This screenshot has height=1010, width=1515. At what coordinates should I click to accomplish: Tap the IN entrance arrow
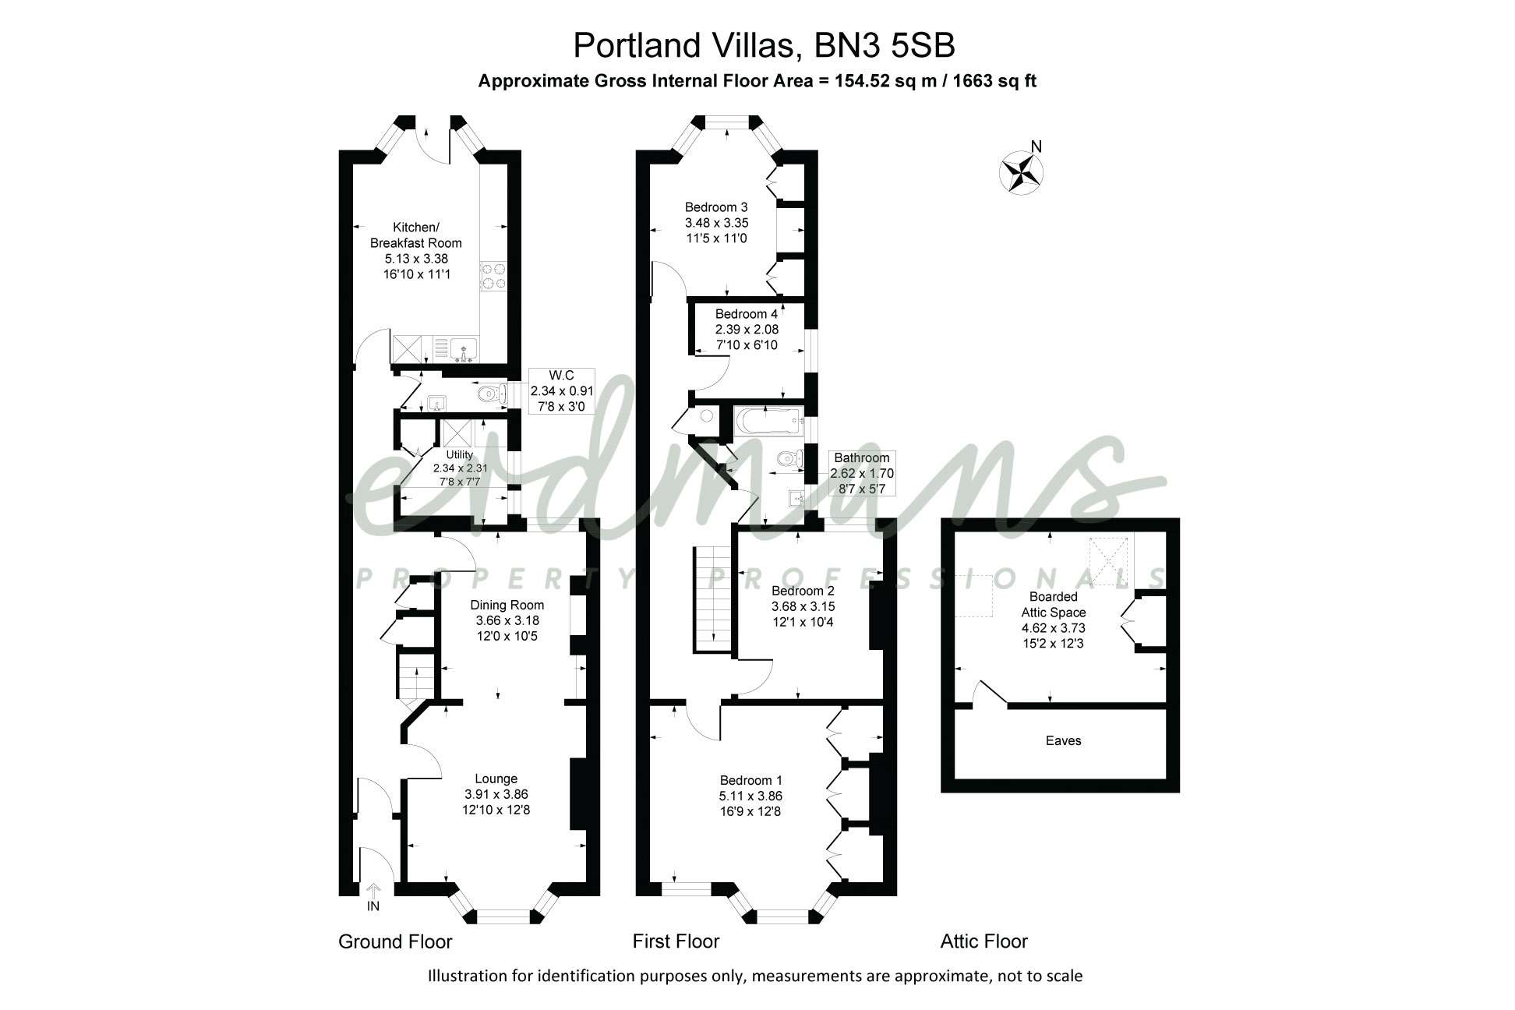coord(373,890)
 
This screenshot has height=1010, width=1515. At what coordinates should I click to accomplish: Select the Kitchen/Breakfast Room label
coord(415,235)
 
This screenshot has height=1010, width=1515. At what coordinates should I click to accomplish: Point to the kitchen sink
coord(464,350)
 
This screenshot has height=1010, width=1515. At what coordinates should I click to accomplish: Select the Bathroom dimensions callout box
coord(861,473)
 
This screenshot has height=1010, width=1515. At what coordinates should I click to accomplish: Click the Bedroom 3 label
coord(716,207)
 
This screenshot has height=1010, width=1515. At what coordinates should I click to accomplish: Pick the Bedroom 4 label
coord(747,314)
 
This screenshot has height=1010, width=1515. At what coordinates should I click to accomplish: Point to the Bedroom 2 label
coord(803,591)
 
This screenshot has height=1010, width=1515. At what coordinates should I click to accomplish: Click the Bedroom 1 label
coord(750,780)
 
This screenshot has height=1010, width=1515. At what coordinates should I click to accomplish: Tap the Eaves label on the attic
coord(1063,740)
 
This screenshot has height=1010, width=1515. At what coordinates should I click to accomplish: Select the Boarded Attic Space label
coord(1053,605)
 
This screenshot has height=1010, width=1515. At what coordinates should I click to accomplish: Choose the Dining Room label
coord(507,605)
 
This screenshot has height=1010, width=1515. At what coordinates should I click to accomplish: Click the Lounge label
coord(496,779)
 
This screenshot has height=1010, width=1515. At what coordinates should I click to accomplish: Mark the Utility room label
coord(459,454)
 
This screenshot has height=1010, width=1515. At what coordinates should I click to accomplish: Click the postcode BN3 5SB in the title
coord(885,45)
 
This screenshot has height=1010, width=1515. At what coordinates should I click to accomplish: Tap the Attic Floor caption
coord(984,941)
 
